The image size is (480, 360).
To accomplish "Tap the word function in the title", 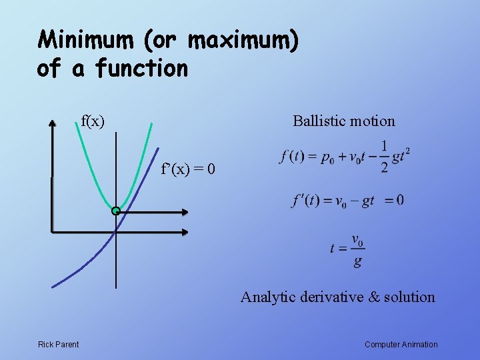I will click(x=141, y=68).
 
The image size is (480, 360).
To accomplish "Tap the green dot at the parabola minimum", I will click(x=116, y=211).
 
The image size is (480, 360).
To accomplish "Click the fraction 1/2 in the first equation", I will click(x=384, y=157).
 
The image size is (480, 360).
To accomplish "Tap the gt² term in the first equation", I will click(x=401, y=157).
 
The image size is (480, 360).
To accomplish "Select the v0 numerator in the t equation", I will click(x=357, y=240).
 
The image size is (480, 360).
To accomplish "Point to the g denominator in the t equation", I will click(x=358, y=261).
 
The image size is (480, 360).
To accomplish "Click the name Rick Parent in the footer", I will click(x=58, y=345).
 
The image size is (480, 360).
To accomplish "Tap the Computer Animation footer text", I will click(x=401, y=345).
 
